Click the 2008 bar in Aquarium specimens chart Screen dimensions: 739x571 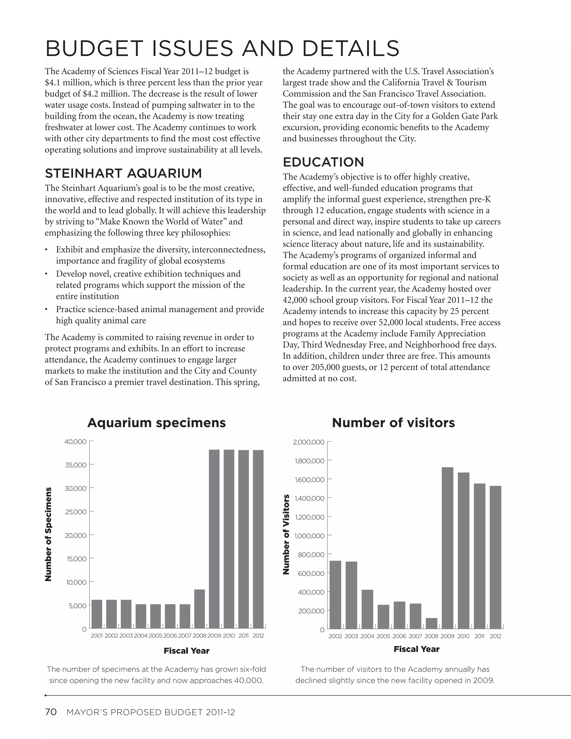pos(200,609)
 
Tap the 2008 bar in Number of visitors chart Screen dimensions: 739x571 pos(432,623)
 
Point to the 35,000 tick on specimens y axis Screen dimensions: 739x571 pos(76,465)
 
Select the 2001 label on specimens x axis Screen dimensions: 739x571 pos(97,636)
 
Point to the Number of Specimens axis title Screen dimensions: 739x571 pos(48,535)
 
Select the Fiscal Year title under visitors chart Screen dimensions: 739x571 pos(417,649)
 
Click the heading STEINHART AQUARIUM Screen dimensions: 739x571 pos(123,173)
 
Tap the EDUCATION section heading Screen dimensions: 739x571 pos(323,162)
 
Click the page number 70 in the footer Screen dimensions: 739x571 pos(51,712)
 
